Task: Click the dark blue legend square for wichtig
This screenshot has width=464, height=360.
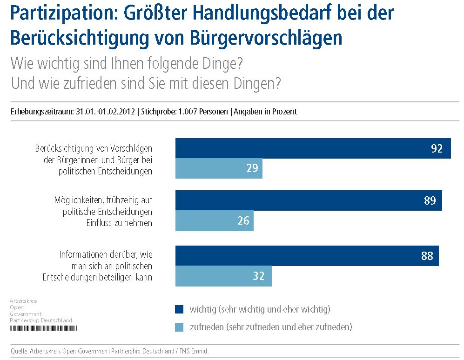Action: (x=180, y=309)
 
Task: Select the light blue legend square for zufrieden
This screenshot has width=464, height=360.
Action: (x=180, y=327)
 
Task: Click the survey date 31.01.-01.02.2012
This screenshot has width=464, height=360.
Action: (x=105, y=112)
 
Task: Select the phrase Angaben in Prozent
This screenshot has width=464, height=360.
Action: (x=265, y=112)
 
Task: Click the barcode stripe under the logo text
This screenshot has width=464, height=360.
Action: (x=44, y=328)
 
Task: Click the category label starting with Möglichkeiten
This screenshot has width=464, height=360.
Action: (x=103, y=212)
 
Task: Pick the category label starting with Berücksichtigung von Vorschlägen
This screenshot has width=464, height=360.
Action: (x=94, y=160)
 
